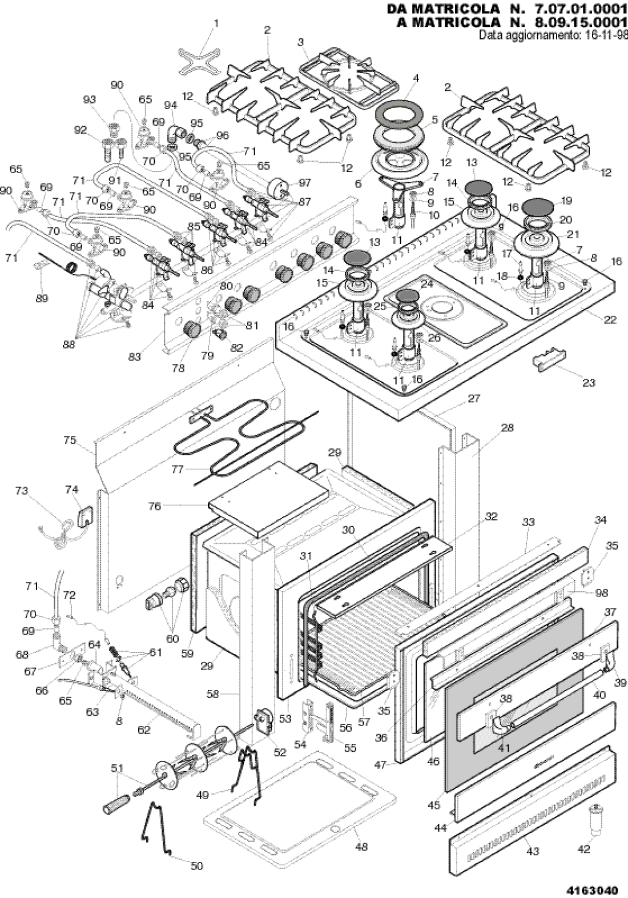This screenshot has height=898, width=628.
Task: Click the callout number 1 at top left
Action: (x=216, y=23)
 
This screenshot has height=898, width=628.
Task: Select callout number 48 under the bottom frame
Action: (x=361, y=847)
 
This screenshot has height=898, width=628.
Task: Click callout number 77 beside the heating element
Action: (x=178, y=470)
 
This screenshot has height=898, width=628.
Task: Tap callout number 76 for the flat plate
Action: (x=155, y=506)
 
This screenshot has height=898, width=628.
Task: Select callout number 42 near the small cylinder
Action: (x=583, y=849)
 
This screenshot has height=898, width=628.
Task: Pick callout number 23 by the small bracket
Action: (x=589, y=383)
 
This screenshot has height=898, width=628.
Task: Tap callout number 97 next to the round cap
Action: (x=305, y=183)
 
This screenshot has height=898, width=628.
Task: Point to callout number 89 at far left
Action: (x=42, y=298)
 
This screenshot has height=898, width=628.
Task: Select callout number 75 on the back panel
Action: (x=70, y=440)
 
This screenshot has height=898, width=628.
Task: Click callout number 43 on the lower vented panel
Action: (x=532, y=852)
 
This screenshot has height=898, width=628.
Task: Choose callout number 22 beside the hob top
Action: (x=610, y=320)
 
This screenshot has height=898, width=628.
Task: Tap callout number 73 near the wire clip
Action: (x=21, y=491)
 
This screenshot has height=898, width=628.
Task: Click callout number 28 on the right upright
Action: (x=507, y=427)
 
